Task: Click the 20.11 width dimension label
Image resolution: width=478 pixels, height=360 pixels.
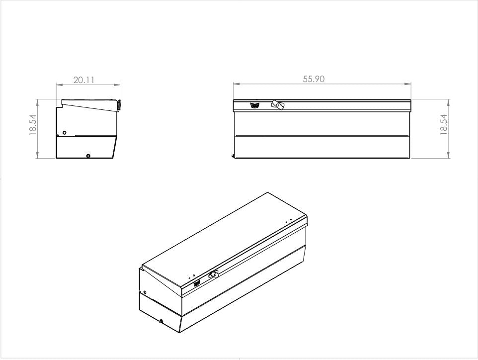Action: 84,80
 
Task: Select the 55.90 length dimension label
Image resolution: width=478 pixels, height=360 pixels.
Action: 314,79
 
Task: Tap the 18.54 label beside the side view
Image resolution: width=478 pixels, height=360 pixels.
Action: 33,124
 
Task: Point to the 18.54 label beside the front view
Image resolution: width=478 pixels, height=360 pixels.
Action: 444,124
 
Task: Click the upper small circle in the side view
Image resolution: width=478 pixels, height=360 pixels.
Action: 64,133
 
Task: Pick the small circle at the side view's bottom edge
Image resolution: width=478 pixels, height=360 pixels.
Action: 88,156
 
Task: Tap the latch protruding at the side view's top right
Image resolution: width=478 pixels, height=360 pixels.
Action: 119,105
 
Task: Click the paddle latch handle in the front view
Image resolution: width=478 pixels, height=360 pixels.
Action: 277,105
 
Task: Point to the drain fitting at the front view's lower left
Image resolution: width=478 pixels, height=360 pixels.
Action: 233,156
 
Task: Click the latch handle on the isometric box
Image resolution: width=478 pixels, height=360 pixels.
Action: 214,274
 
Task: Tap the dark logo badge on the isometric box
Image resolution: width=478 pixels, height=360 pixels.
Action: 197,283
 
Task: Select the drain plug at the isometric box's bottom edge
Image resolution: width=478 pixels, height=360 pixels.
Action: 161,321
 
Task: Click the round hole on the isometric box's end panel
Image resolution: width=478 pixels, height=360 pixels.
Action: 145,292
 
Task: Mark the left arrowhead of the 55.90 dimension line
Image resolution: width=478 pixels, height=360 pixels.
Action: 236,84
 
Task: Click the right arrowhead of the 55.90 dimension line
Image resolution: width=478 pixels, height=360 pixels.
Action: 408,84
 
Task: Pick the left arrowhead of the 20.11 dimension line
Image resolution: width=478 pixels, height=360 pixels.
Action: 59,85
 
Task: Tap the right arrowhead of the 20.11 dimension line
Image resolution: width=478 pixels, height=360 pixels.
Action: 117,85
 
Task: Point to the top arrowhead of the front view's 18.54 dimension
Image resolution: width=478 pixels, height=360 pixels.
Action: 449,102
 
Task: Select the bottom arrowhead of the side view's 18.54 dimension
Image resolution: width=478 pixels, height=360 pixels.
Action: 37,156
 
